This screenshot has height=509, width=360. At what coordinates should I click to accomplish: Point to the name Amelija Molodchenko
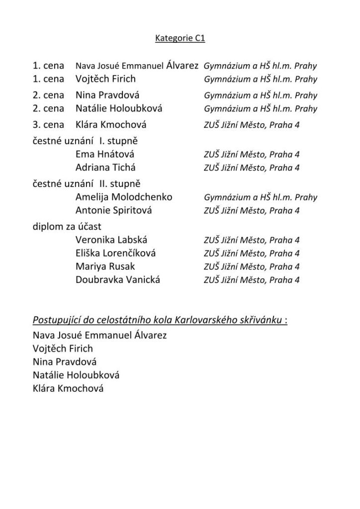pyautogui.click(x=124, y=197)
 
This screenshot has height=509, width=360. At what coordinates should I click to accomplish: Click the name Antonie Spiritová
pyautogui.click(x=114, y=210)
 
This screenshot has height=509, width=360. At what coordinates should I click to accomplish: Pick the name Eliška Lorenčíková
pyautogui.click(x=115, y=253)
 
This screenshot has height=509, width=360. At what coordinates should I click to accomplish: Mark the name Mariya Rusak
pyautogui.click(x=105, y=266)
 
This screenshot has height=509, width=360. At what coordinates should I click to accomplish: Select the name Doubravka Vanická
pyautogui.click(x=118, y=279)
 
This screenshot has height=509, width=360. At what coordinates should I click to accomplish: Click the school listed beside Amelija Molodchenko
pyautogui.click(x=260, y=198)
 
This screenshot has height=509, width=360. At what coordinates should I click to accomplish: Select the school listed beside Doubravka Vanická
pyautogui.click(x=252, y=280)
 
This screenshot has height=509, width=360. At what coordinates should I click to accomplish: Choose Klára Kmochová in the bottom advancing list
pyautogui.click(x=68, y=389)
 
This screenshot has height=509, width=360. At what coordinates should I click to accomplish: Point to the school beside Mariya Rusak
pyautogui.click(x=252, y=267)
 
